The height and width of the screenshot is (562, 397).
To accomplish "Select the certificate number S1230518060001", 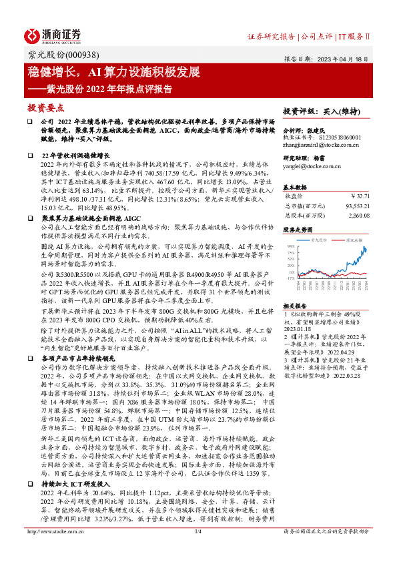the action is [338, 137].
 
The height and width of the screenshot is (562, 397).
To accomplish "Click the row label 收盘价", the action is [294, 197].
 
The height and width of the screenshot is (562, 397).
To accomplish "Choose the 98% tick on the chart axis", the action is [290, 234].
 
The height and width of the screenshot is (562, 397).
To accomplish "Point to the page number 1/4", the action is [197, 551].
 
